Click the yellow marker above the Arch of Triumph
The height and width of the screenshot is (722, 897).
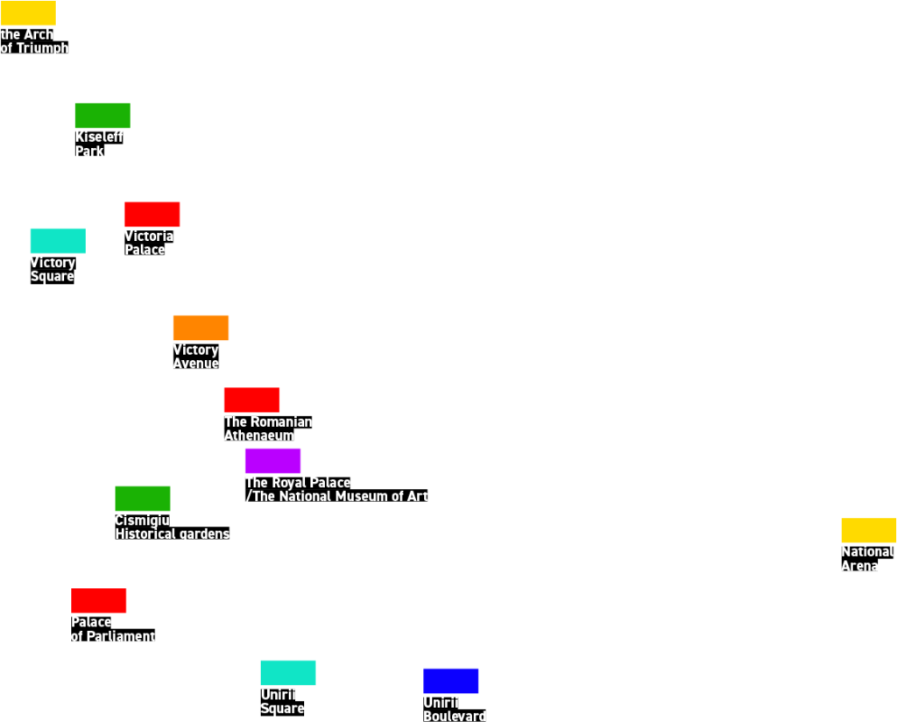pyautogui.click(x=27, y=12)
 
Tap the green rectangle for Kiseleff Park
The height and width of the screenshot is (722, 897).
pyautogui.click(x=102, y=116)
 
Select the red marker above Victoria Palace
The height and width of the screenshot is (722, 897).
pyautogui.click(x=152, y=215)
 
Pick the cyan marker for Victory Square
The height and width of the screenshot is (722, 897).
pyautogui.click(x=58, y=241)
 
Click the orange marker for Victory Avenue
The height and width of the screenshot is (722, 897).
pyautogui.click(x=201, y=328)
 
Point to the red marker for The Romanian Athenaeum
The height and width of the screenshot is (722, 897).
pyautogui.click(x=251, y=400)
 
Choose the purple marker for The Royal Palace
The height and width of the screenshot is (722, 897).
pyautogui.click(x=272, y=461)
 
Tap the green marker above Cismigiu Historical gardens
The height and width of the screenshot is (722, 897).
pyautogui.click(x=143, y=499)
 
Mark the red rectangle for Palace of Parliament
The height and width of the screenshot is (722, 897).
pyautogui.click(x=99, y=600)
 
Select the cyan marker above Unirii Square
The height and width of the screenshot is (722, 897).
pyautogui.click(x=287, y=673)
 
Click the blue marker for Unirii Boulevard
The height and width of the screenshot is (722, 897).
pyautogui.click(x=451, y=681)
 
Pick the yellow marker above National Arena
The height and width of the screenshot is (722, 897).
pyautogui.click(x=868, y=530)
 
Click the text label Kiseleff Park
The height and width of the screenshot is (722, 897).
pyautogui.click(x=98, y=144)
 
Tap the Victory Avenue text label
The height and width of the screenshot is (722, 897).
pyautogui.click(x=195, y=357)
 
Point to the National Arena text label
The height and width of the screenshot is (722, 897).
pyautogui.click(x=866, y=558)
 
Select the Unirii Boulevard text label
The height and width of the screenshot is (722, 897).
pyautogui.click(x=454, y=709)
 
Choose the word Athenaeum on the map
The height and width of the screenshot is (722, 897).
pyautogui.click(x=259, y=435)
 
